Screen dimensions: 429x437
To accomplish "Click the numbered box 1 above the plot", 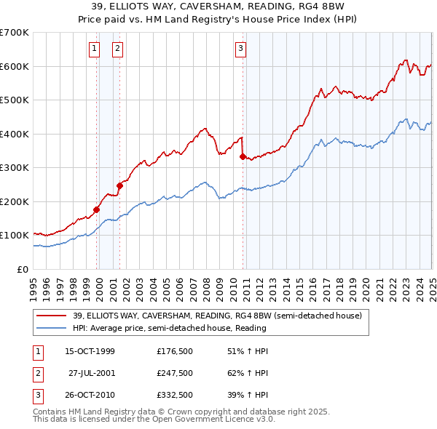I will click(x=95, y=49).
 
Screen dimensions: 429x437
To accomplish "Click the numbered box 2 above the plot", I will click(x=117, y=49).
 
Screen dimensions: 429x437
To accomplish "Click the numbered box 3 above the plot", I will click(x=240, y=49).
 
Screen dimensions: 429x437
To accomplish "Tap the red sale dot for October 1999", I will click(x=97, y=209).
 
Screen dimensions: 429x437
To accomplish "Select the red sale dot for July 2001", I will click(x=120, y=185).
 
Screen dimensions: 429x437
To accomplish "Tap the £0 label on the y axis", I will click(x=24, y=269).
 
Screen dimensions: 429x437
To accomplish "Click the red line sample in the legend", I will click(x=51, y=316).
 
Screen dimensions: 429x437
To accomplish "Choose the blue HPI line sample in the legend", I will click(x=51, y=328).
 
